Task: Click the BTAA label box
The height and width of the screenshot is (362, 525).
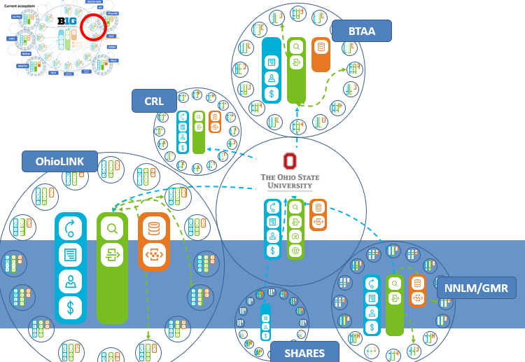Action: click(x=362, y=31)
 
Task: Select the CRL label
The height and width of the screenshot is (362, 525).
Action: click(x=154, y=101)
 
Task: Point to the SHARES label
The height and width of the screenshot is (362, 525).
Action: click(x=304, y=351)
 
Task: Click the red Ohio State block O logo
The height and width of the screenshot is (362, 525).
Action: click(x=290, y=161)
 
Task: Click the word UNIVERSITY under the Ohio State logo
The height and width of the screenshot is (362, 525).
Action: click(x=290, y=186)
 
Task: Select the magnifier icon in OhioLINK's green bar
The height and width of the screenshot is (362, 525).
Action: click(x=112, y=228)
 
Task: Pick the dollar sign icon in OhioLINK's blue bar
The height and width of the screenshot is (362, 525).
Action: click(x=70, y=307)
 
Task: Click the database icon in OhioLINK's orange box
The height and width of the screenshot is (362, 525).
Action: click(x=153, y=229)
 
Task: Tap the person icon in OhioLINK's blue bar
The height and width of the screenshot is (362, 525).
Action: click(x=70, y=281)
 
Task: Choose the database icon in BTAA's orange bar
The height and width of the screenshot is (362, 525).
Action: click(x=321, y=48)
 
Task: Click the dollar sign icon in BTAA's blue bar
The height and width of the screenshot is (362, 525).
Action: click(x=271, y=93)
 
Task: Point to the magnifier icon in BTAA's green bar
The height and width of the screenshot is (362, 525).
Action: click(x=296, y=47)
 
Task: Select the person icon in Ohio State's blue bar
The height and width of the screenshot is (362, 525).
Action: click(x=273, y=237)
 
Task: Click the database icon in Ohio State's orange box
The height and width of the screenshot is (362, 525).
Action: click(x=318, y=208)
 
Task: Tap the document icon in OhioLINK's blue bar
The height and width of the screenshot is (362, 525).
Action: click(x=70, y=255)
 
